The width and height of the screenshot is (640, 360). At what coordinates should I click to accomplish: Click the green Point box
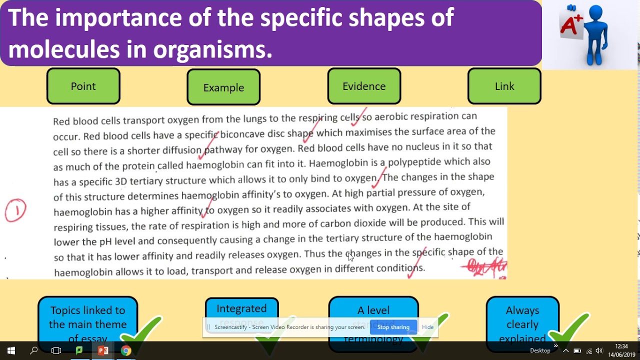pyautogui.click(x=83, y=86)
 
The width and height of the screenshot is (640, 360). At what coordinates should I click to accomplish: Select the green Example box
pyautogui.click(x=223, y=87)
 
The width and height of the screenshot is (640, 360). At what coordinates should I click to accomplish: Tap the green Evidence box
pyautogui.click(x=364, y=86)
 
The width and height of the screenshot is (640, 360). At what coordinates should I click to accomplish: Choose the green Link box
pyautogui.click(x=504, y=86)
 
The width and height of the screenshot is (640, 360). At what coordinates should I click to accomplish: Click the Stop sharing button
pyautogui.click(x=393, y=327)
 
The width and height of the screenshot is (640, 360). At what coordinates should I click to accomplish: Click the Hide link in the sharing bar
pyautogui.click(x=428, y=327)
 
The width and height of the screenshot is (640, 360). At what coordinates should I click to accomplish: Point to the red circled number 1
pyautogui.click(x=15, y=210)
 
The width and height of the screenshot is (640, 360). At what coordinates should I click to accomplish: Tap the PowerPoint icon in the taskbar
pyautogui.click(x=103, y=350)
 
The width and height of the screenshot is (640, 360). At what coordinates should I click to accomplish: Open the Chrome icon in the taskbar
pyautogui.click(x=126, y=350)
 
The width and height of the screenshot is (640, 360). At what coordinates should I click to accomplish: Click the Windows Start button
pyautogui.click(x=11, y=350)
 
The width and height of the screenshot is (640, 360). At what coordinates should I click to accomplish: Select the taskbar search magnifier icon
pyautogui.click(x=34, y=350)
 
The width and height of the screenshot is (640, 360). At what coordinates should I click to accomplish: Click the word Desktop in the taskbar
pyautogui.click(x=540, y=350)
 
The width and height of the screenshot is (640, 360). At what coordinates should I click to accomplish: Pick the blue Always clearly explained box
pyautogui.click(x=522, y=320)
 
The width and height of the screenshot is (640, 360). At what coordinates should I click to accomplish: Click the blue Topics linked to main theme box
pyautogui.click(x=87, y=320)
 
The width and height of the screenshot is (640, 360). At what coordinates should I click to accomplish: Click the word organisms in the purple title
pyautogui.click(x=212, y=49)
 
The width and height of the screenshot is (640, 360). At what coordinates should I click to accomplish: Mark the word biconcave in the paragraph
pyautogui.click(x=242, y=134)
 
